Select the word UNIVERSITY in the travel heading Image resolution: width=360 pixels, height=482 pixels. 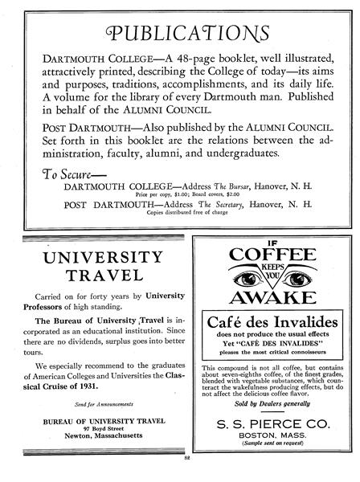[x=100, y=259]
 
